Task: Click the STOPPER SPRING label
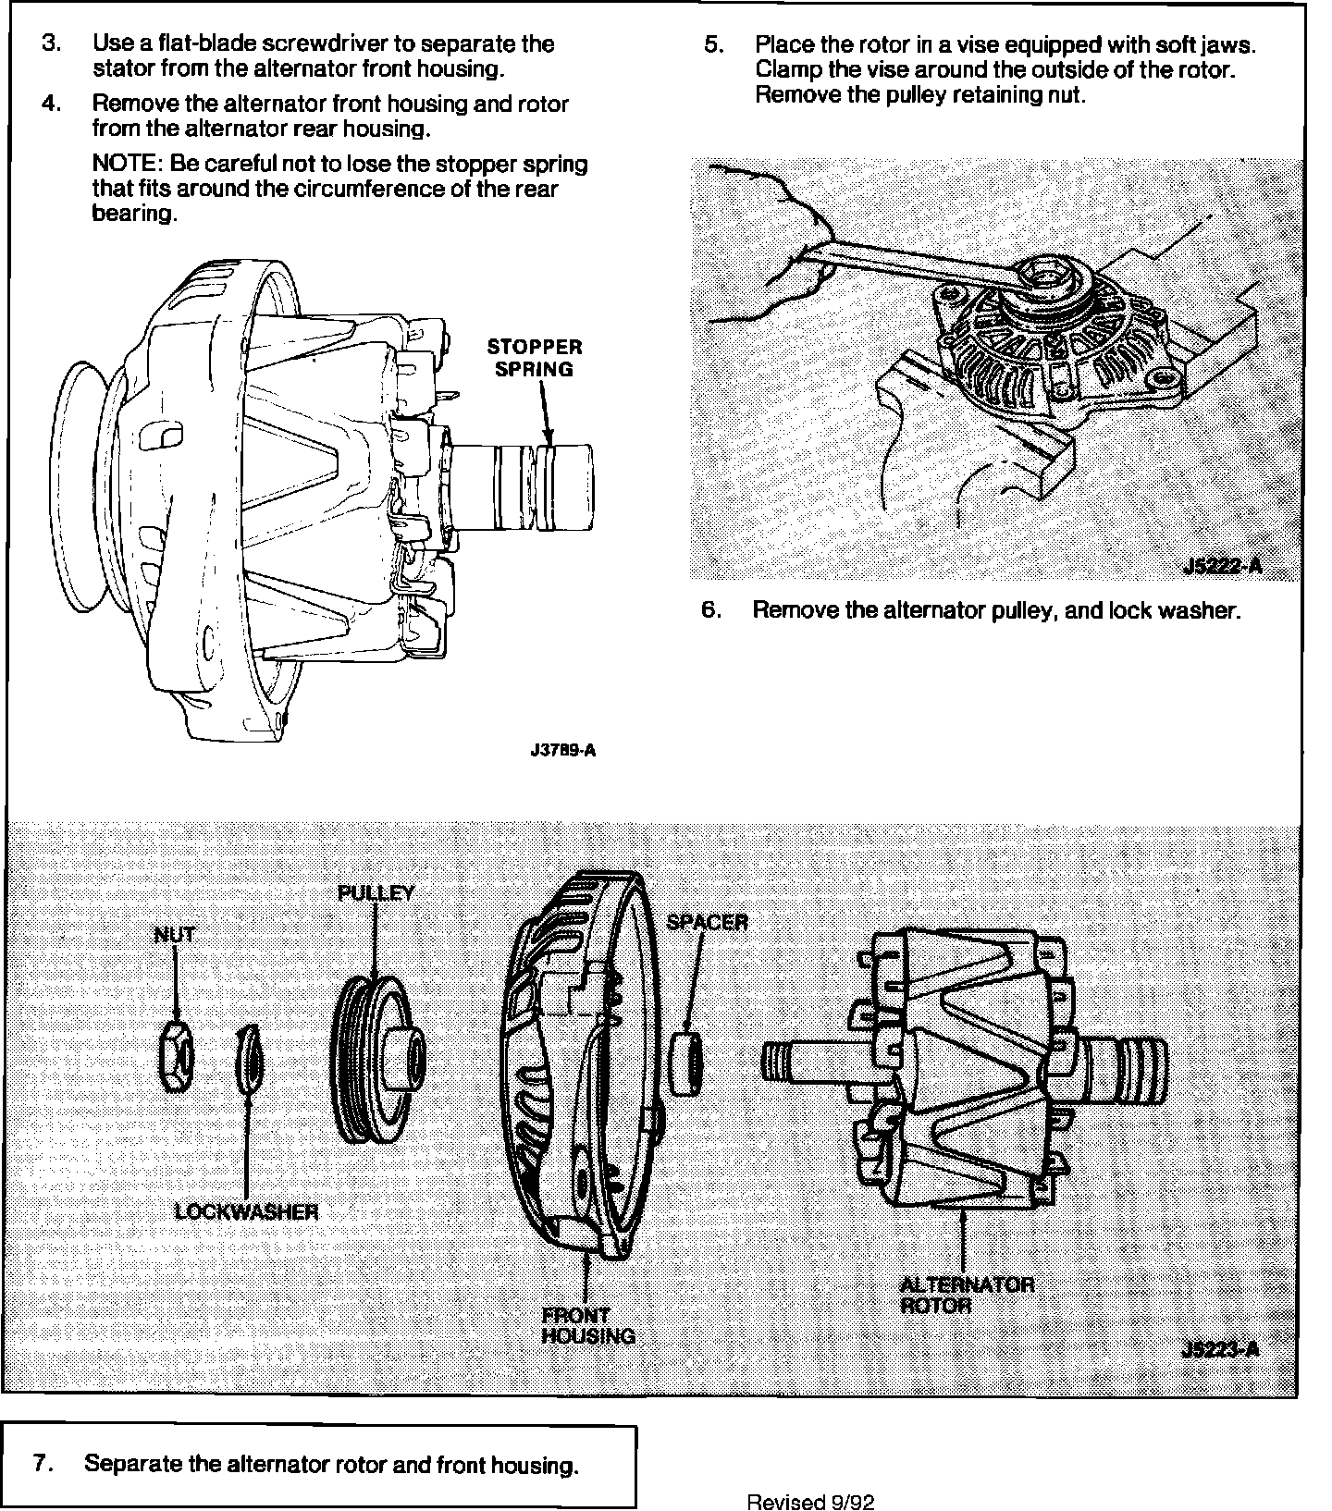click(535, 358)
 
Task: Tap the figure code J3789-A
click(562, 751)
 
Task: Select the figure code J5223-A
click(1220, 1349)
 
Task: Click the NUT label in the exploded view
click(175, 934)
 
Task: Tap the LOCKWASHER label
click(246, 1211)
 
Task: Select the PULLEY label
click(376, 893)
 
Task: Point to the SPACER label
click(707, 922)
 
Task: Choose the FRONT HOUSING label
click(588, 1325)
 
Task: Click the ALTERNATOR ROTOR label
click(967, 1295)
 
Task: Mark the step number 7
click(40, 1464)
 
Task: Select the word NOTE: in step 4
click(128, 165)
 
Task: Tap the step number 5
click(712, 44)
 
